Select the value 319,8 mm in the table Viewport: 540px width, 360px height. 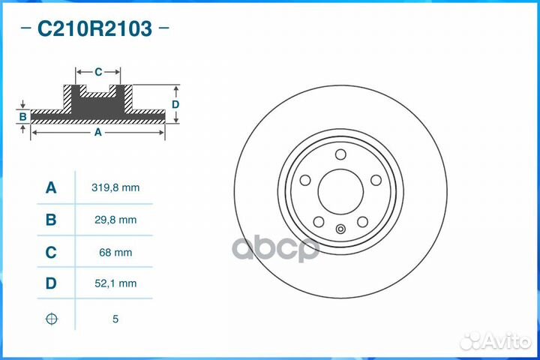(x=115, y=187)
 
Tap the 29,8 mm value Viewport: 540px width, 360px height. (x=115, y=220)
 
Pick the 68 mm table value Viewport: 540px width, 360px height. (x=115, y=253)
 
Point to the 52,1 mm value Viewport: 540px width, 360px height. (x=115, y=283)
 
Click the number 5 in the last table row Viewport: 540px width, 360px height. (x=115, y=319)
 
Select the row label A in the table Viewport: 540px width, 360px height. (x=50, y=187)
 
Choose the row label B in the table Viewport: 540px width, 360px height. (x=50, y=220)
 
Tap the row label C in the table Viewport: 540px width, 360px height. (x=50, y=253)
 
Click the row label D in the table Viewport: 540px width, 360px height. (x=50, y=283)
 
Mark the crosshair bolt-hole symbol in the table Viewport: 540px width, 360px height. (x=50, y=319)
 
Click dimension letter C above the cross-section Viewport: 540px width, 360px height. (x=98, y=72)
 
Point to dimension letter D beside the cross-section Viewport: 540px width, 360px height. (x=175, y=104)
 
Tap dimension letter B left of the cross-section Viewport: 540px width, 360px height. (x=23, y=116)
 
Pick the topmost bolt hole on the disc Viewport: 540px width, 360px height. (x=340, y=155)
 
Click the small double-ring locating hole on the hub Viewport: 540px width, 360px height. (x=340, y=230)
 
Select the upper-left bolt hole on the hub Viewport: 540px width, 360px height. (x=305, y=180)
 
